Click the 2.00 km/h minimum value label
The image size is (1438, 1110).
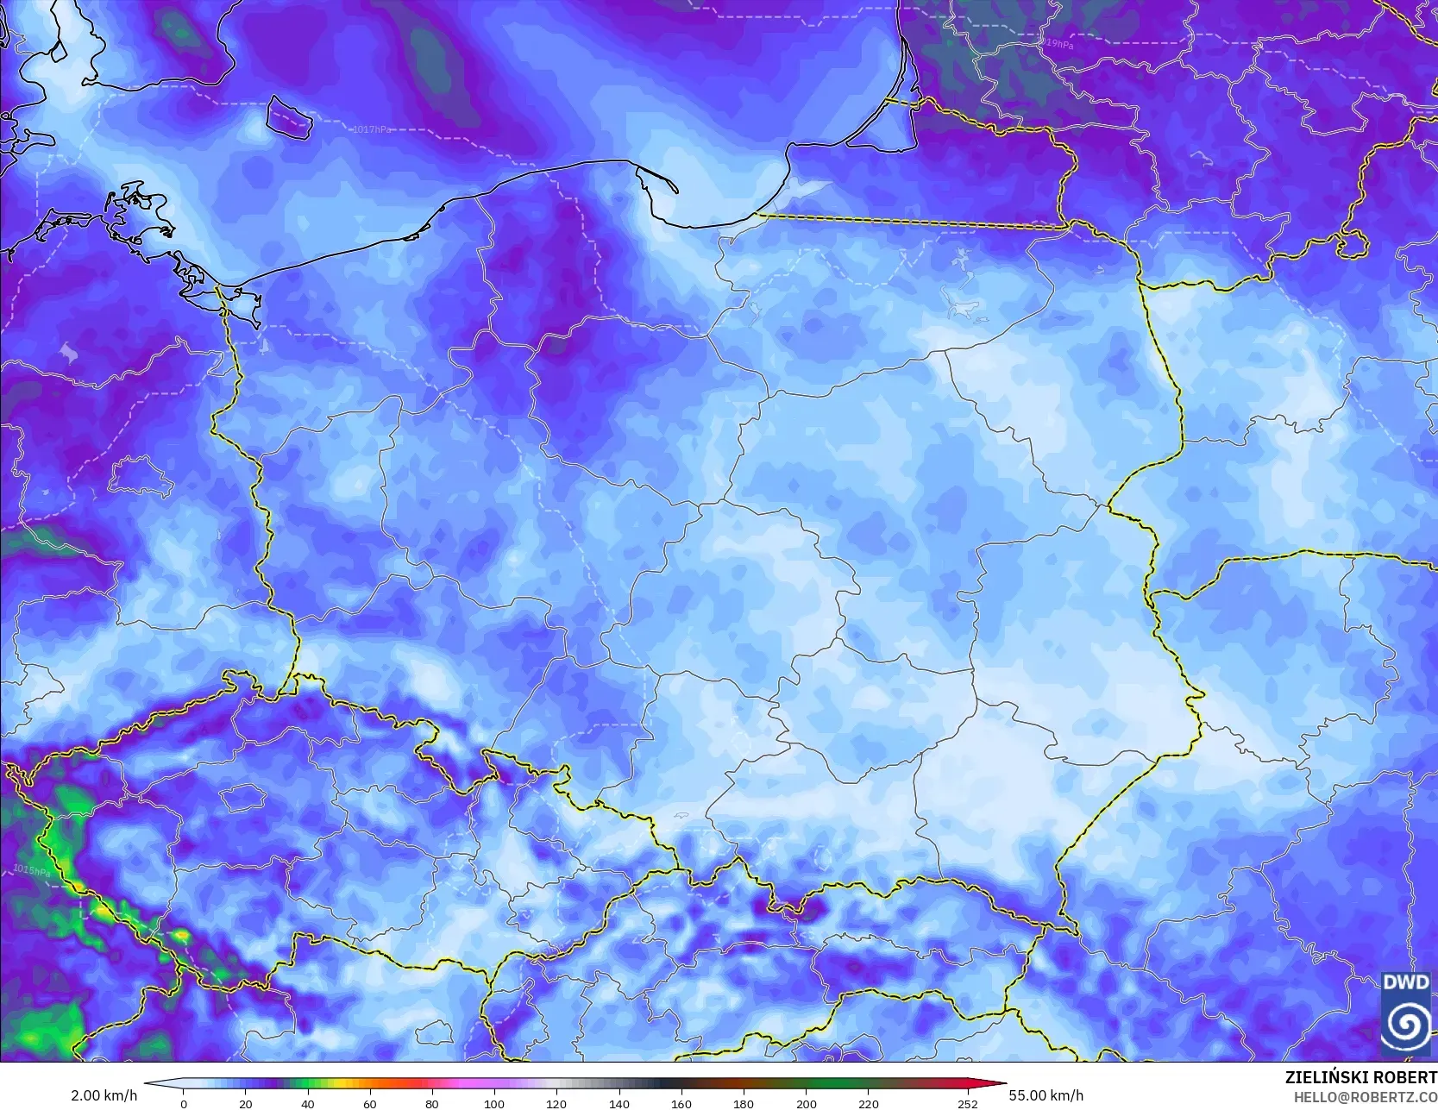(x=104, y=1095)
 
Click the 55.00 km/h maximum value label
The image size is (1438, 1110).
(x=1046, y=1095)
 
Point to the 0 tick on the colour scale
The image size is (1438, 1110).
(x=184, y=1103)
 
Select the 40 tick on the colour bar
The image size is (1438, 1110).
(x=308, y=1103)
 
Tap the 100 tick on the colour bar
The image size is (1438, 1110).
(x=493, y=1103)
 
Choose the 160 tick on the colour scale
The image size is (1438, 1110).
(x=681, y=1103)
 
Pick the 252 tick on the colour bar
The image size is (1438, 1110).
(x=967, y=1103)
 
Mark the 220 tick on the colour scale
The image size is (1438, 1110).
(x=868, y=1103)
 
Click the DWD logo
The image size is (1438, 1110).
(x=1405, y=1013)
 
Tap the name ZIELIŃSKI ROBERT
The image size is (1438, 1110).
(x=1360, y=1077)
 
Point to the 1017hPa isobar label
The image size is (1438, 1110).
(x=372, y=129)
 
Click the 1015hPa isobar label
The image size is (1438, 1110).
(x=32, y=870)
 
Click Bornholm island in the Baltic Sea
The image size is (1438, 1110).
(x=288, y=116)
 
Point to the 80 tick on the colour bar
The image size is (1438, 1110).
(x=431, y=1103)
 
